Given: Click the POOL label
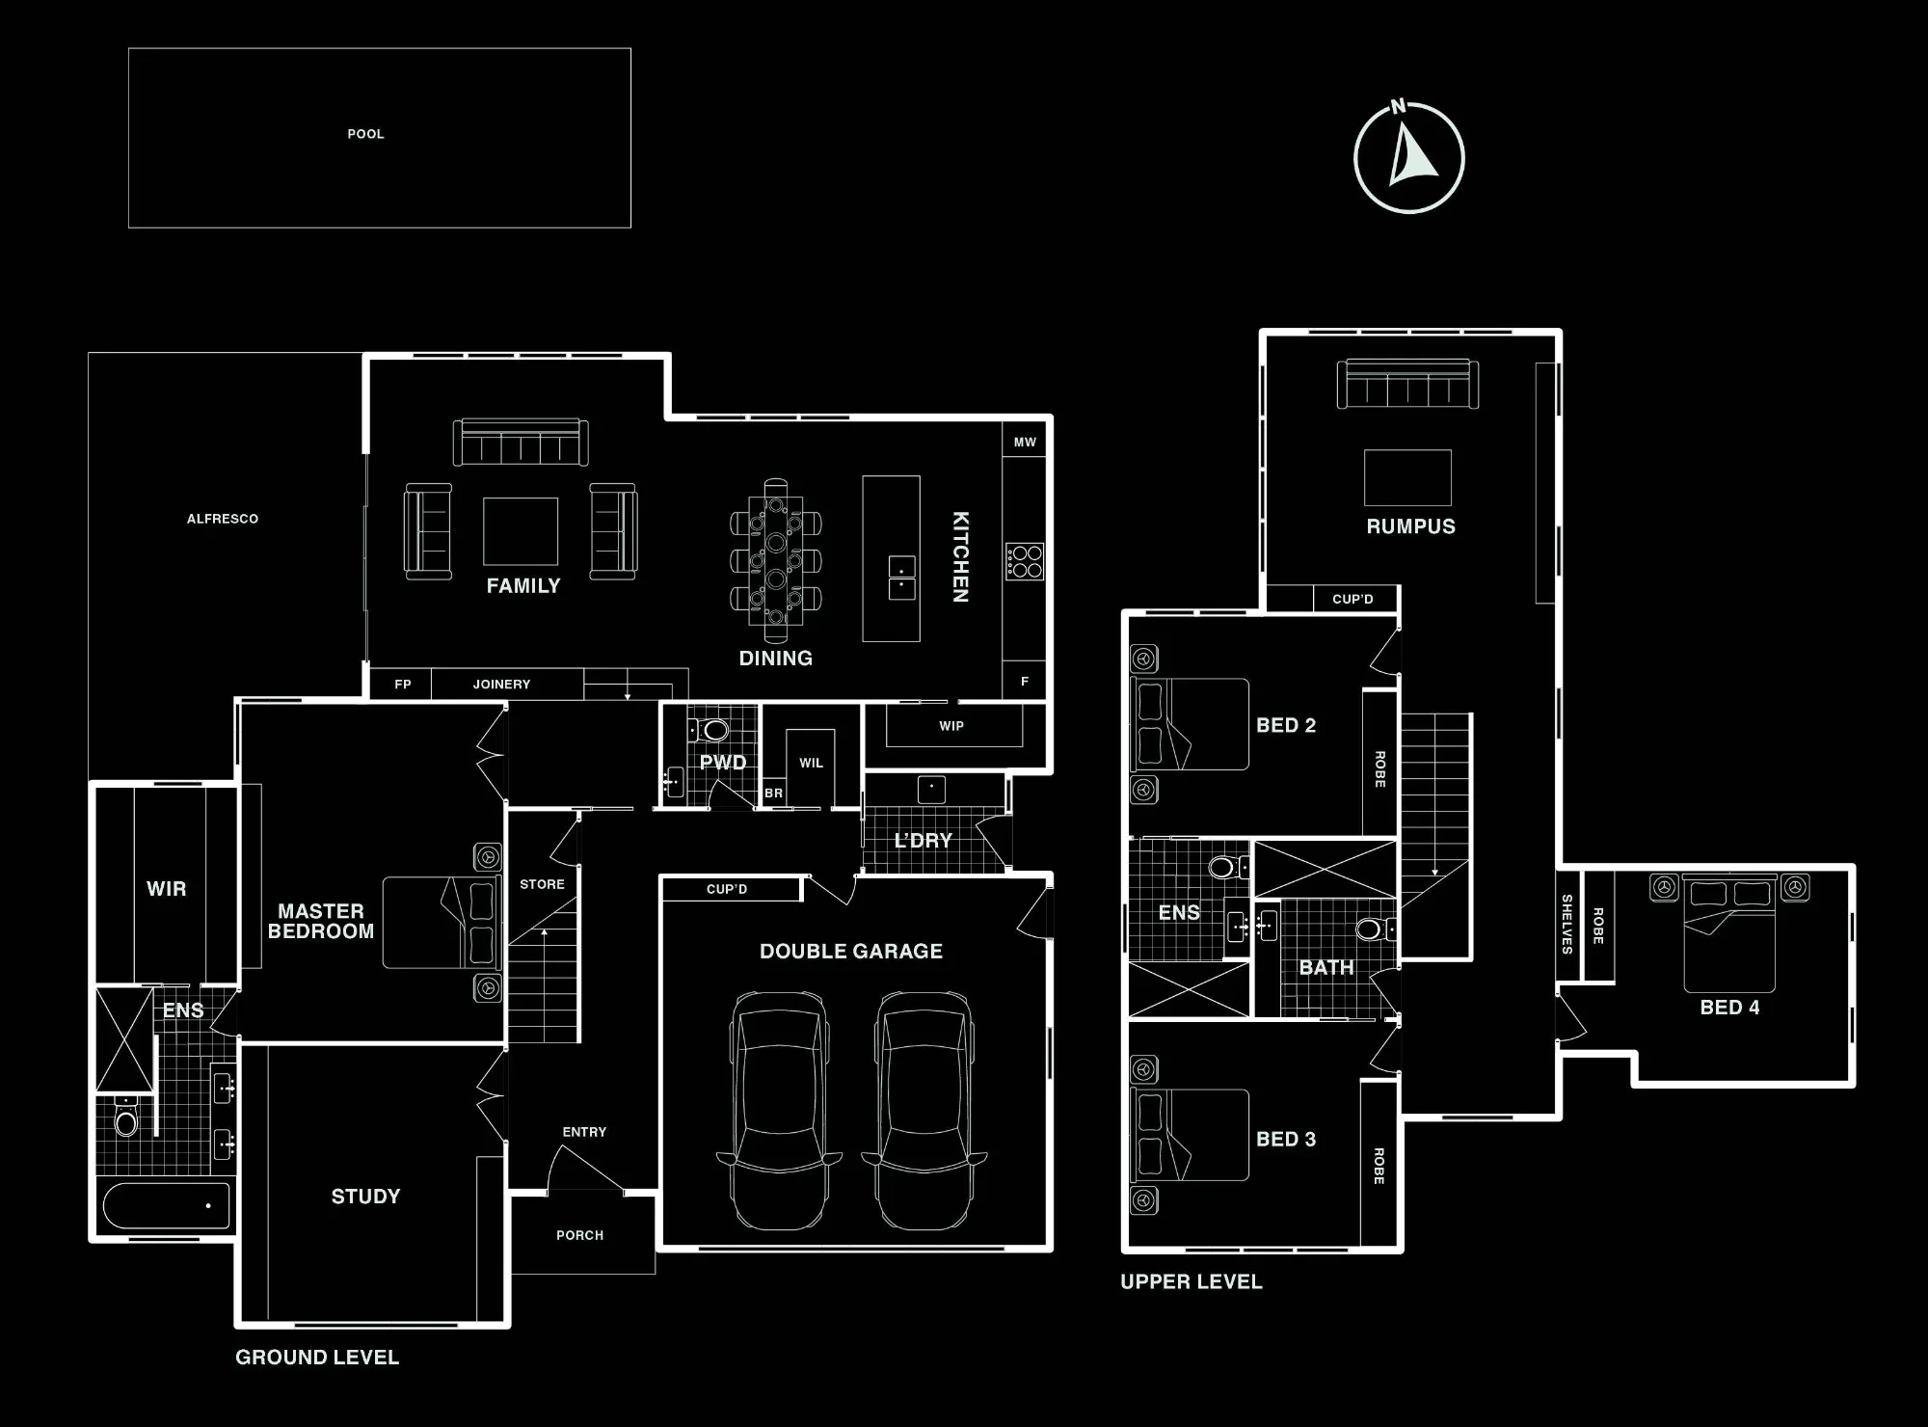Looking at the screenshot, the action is (x=365, y=134).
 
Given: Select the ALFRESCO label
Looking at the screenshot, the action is (x=223, y=519).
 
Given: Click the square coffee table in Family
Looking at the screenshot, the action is (x=521, y=531).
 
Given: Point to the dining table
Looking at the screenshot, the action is (x=776, y=560).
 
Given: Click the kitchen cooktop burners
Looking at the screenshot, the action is (x=1024, y=561).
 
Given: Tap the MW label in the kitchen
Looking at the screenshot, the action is (x=1025, y=443).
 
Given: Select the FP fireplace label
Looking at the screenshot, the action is (x=403, y=685).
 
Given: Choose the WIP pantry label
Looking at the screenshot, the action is (x=951, y=726).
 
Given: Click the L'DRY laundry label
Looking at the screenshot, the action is (x=923, y=841).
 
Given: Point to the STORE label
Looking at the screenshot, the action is (x=542, y=884).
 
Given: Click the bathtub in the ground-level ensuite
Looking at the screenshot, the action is (x=166, y=1205).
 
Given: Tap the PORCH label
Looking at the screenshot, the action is (x=579, y=1235).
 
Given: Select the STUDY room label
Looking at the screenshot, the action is (x=365, y=1197).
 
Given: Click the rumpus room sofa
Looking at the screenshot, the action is (x=1407, y=384).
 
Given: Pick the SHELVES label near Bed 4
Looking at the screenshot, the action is (x=1566, y=924).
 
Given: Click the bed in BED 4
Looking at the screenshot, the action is (x=1729, y=933).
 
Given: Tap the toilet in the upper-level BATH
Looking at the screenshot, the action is (x=1373, y=929).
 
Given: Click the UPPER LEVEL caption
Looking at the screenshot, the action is (x=1192, y=1281).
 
